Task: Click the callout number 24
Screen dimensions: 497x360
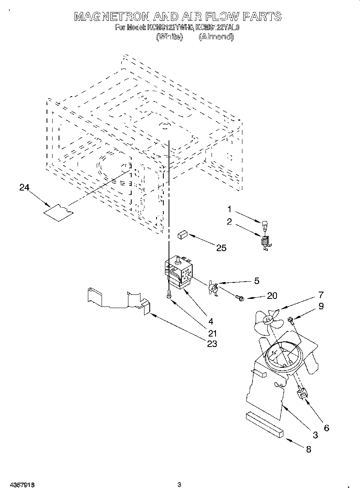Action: pos(24,187)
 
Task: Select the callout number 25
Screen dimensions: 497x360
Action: pos(221,248)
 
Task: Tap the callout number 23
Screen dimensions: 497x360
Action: pos(212,344)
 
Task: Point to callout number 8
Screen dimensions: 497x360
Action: pos(308,449)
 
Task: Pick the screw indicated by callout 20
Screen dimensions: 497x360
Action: pos(240,298)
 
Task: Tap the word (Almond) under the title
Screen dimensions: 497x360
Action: pos(216,37)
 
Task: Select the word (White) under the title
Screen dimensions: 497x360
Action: pos(169,37)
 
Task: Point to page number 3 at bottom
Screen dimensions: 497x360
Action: pos(179,484)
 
